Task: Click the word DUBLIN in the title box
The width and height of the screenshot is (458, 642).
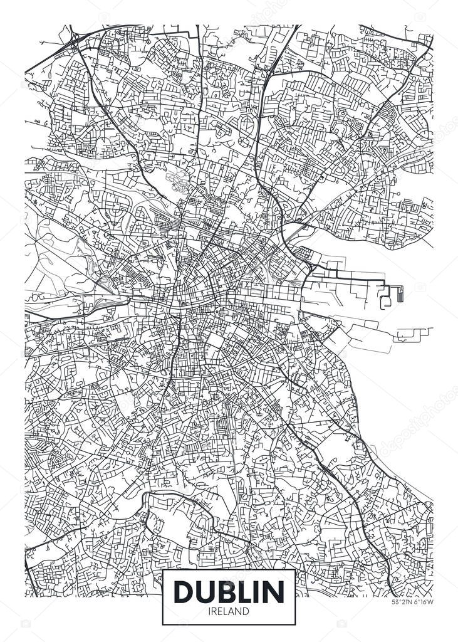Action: (229, 591)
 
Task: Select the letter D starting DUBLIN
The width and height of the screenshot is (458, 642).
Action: (185, 591)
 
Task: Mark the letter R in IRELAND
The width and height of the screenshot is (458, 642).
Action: (214, 611)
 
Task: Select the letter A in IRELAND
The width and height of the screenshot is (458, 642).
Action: (232, 611)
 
